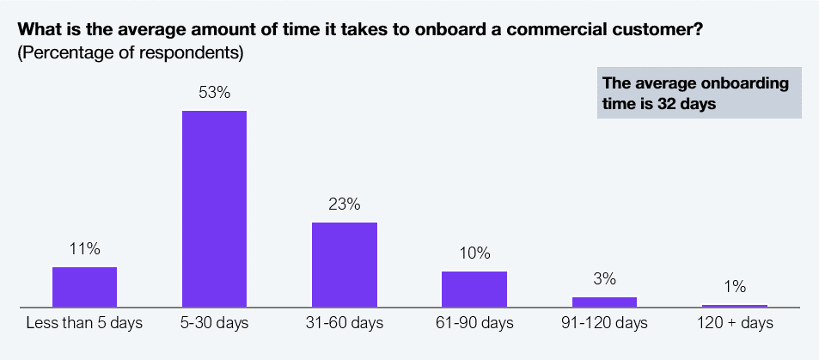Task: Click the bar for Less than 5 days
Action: point(84,287)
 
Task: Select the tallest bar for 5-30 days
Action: point(214,209)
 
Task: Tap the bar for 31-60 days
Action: point(345,265)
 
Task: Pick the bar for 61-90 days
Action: point(474,289)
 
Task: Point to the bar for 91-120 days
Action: point(604,302)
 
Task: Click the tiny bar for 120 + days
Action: point(735,306)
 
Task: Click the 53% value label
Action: point(214,93)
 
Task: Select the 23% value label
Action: point(345,204)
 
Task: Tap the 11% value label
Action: point(84,249)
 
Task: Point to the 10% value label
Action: point(474,253)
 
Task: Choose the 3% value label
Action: point(604,279)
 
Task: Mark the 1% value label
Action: point(735,287)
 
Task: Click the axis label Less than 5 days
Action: point(84,323)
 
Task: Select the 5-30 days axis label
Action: point(214,323)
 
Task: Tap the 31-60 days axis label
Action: point(345,323)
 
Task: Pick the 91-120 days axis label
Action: point(604,323)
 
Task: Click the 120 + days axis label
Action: point(735,323)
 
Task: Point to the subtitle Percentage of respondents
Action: point(131,54)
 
